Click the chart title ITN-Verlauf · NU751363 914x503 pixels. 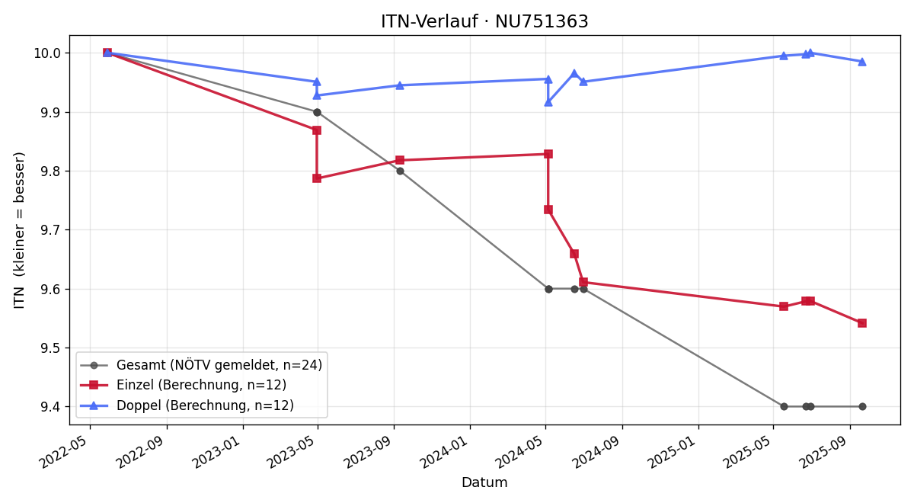(x=484, y=21)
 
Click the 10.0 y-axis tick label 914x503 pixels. (x=47, y=53)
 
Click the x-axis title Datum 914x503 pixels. (x=484, y=482)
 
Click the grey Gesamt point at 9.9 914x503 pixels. (x=317, y=112)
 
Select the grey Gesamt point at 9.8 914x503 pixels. (x=401, y=171)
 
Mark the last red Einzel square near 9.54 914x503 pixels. (x=862, y=323)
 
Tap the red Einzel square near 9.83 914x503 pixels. (x=548, y=154)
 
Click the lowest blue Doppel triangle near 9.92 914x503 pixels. (x=548, y=102)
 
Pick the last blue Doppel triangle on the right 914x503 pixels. (x=862, y=62)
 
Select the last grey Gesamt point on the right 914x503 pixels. (x=862, y=407)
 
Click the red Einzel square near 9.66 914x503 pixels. (x=574, y=254)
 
